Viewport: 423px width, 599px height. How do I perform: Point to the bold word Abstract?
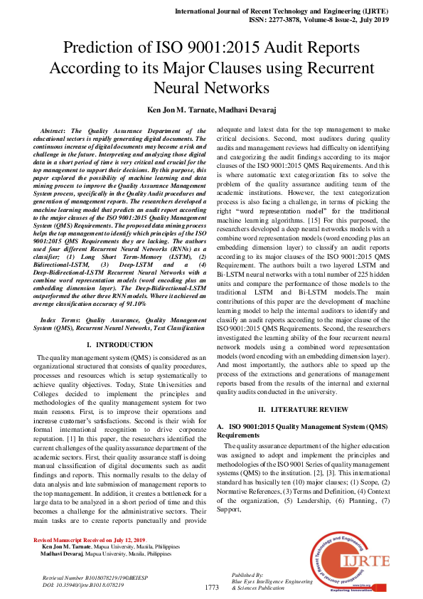pos(56,132)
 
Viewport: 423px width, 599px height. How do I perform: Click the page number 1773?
pos(212,588)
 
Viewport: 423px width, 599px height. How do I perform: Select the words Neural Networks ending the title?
pos(210,89)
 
